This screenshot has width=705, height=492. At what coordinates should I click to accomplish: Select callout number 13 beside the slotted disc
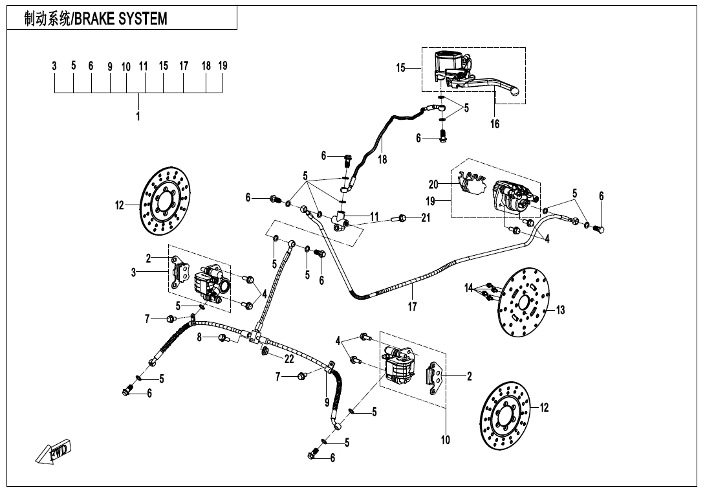point(560,310)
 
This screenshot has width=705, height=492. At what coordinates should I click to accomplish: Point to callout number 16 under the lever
point(495,124)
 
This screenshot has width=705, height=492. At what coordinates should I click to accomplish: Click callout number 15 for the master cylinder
point(401,67)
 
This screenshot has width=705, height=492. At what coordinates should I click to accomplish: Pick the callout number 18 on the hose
point(382,159)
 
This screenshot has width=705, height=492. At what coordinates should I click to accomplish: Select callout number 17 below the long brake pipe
point(412,307)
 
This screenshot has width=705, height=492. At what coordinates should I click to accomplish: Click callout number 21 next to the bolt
point(425,218)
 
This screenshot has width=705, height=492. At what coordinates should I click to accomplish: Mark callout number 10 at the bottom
point(445,440)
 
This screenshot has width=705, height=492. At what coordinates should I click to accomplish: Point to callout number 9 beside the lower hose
point(327,402)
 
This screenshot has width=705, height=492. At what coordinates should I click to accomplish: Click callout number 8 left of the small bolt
point(200,337)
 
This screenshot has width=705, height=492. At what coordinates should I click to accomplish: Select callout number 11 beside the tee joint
point(374,216)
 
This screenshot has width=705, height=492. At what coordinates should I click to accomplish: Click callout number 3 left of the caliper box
point(134,273)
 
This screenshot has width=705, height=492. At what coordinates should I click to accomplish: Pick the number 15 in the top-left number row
point(164,65)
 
